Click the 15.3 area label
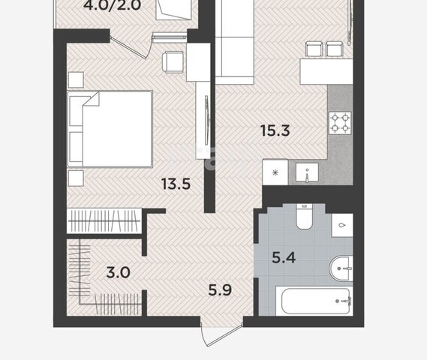275,130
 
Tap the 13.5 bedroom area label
176,184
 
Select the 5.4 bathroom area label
284,257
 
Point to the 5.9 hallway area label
220,289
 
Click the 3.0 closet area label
118,272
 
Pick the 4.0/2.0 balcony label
112,5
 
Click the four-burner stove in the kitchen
340,123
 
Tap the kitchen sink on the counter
307,172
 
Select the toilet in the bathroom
304,216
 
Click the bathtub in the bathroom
314,301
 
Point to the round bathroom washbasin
341,268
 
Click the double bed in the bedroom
110,129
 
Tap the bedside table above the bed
76,79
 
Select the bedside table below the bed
76,178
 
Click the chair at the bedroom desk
173,62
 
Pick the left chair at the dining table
314,49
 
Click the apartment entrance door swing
221,335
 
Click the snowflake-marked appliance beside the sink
275,172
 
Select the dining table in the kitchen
326,71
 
